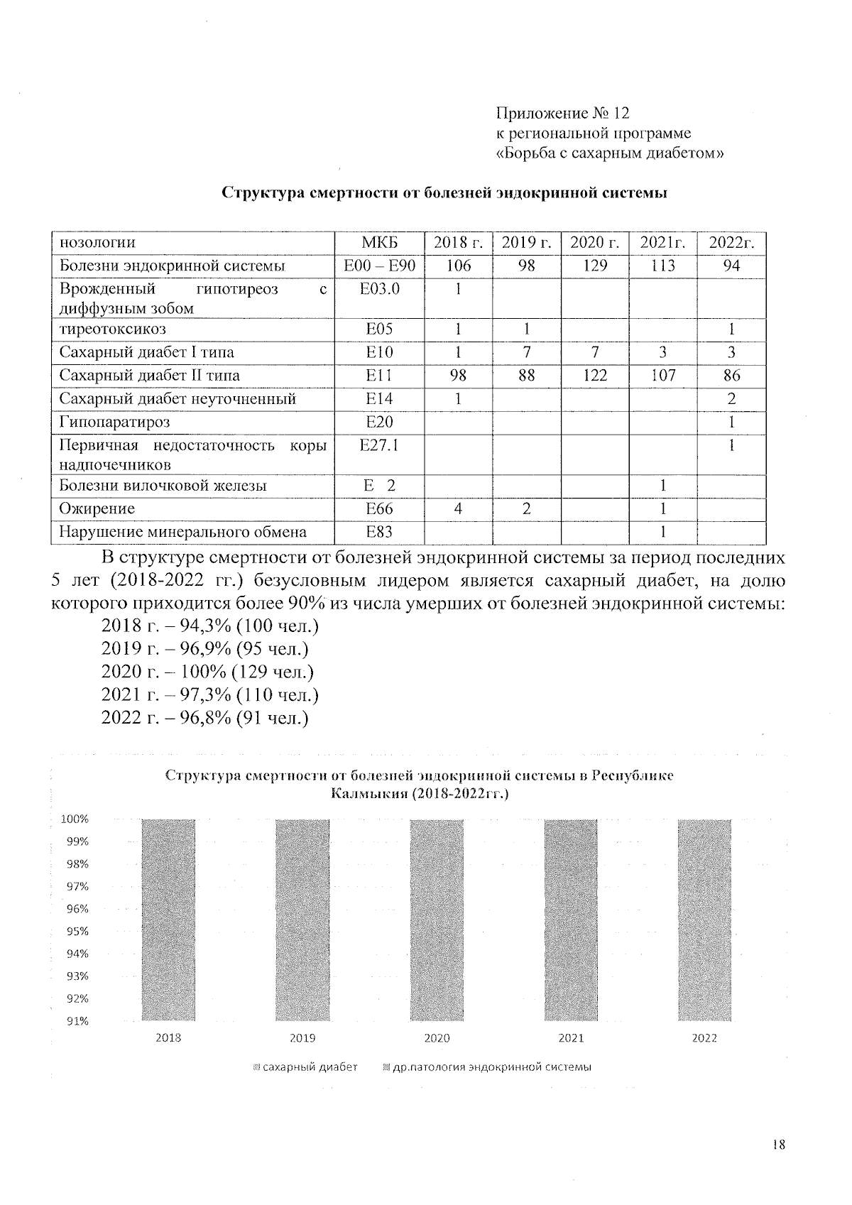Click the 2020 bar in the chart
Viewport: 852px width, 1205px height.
tap(437, 920)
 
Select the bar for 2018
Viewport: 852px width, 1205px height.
tap(168, 920)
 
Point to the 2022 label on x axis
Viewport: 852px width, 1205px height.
tap(704, 1038)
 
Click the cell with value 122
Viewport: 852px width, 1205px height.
tap(595, 376)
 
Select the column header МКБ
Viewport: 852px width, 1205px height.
tap(379, 243)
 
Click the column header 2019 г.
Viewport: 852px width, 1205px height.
tap(526, 243)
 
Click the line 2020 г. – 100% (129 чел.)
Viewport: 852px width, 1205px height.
tap(207, 672)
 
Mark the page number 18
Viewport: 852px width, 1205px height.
tap(777, 1145)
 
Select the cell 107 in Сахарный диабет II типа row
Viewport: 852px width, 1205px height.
tap(662, 376)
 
